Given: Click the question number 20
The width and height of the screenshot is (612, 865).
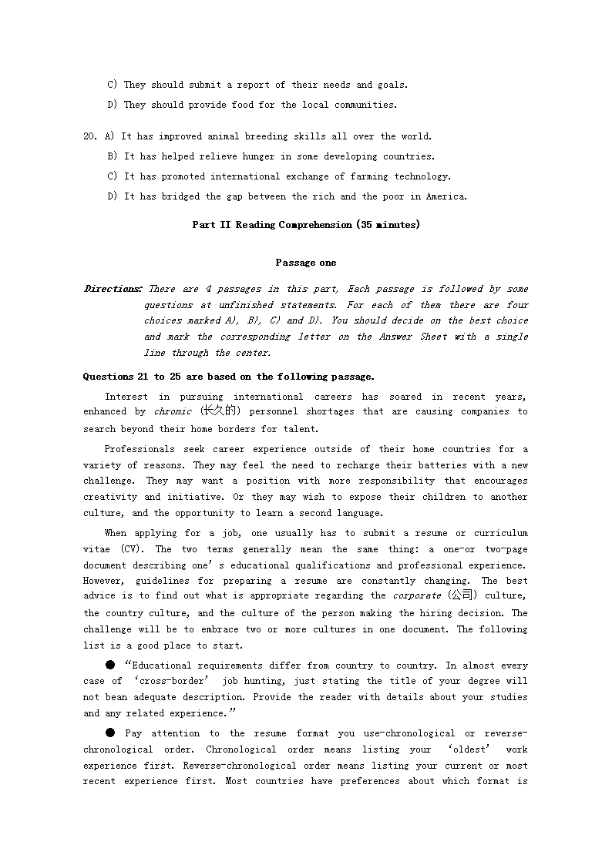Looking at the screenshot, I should tap(89, 136).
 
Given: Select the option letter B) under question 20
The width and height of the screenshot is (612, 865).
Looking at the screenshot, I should tap(112, 156).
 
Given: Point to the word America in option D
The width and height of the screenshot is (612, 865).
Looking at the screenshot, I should tap(447, 196).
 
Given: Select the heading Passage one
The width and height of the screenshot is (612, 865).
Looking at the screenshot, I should tap(306, 263).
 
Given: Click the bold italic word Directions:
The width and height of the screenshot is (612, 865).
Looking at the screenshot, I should tap(113, 289).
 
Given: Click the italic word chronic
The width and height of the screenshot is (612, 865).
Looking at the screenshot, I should tap(173, 412).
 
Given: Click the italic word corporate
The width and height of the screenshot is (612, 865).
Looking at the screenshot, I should tap(417, 596).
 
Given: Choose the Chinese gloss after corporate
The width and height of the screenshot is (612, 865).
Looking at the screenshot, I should tap(462, 595).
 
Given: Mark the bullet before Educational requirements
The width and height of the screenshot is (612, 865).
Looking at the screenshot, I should tap(110, 665).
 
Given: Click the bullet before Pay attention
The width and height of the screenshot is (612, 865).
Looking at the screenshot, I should tap(110, 733).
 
